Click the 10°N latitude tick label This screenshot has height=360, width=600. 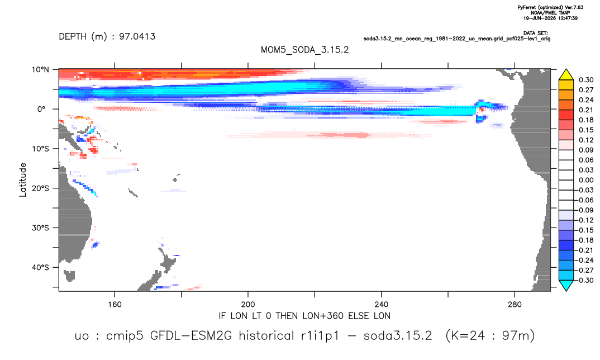pyautogui.click(x=40, y=69)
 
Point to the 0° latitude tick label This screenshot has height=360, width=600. pyautogui.click(x=41, y=109)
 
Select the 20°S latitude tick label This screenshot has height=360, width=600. pyautogui.click(x=40, y=188)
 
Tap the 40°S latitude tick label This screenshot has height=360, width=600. pyautogui.click(x=40, y=267)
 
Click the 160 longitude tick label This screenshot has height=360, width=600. pyautogui.click(x=115, y=305)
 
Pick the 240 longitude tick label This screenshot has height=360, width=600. pyautogui.click(x=382, y=305)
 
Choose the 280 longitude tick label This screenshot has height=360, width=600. pyautogui.click(x=515, y=305)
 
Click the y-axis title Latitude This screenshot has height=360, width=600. pyautogui.click(x=23, y=180)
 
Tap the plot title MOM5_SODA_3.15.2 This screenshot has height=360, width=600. pyautogui.click(x=304, y=50)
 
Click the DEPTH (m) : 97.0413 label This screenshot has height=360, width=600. pyautogui.click(x=107, y=36)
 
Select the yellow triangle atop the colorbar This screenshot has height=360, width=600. pyautogui.click(x=566, y=75)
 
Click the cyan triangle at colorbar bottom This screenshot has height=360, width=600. pyautogui.click(x=566, y=286)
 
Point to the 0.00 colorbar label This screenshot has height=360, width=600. pyautogui.click(x=586, y=180)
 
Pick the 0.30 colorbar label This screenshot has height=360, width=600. pyautogui.click(x=586, y=80)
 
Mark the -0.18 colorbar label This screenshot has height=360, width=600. pyautogui.click(x=584, y=240)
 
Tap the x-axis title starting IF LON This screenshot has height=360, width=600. pyautogui.click(x=304, y=316)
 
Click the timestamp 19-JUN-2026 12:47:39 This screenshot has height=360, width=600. pyautogui.click(x=550, y=18)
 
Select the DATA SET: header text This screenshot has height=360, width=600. pyautogui.click(x=535, y=34)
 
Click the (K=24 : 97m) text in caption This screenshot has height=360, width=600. pyautogui.click(x=490, y=336)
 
